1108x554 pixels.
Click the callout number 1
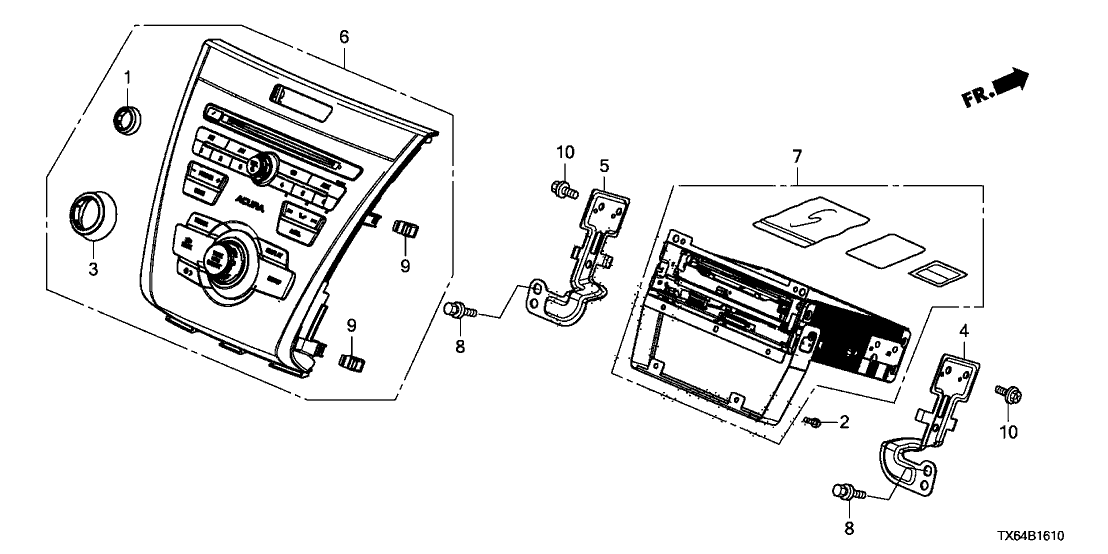click(x=127, y=78)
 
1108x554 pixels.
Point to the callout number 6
click(x=344, y=37)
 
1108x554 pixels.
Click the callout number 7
click(x=797, y=158)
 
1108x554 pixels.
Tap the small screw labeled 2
click(x=814, y=423)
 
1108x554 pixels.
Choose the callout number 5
click(x=604, y=165)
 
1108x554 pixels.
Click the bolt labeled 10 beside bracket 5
click(x=564, y=187)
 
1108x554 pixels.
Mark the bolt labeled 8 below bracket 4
click(x=844, y=491)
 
